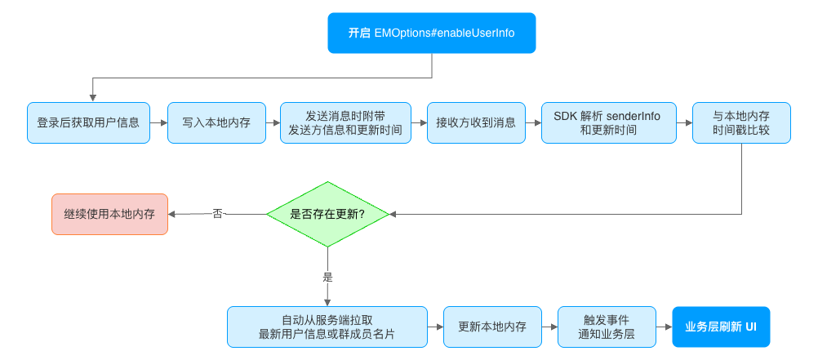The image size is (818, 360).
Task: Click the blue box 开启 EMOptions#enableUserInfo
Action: [x=431, y=33]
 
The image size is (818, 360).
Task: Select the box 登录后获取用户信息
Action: [x=88, y=123]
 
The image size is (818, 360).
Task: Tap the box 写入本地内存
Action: [x=216, y=123]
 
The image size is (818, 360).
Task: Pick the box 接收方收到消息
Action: [x=476, y=123]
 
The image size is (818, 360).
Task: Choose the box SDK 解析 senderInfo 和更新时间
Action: [x=607, y=123]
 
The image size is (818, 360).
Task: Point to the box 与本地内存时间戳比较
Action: [x=741, y=123]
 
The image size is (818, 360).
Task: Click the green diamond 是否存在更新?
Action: [x=327, y=214]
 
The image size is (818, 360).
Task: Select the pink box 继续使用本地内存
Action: [x=109, y=215]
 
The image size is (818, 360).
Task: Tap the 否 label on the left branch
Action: [x=217, y=214]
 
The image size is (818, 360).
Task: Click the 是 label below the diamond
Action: [x=328, y=277]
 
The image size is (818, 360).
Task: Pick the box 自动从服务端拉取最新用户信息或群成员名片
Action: [x=327, y=327]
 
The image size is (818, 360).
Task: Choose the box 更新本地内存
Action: [x=492, y=327]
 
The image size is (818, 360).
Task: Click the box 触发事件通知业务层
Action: [x=607, y=327]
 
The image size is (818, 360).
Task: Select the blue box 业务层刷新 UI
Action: [x=721, y=327]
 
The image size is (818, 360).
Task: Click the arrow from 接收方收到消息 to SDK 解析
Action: [x=533, y=123]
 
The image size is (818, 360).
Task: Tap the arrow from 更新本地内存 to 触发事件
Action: [x=549, y=327]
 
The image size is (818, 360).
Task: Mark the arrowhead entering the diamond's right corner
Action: [x=393, y=214]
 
